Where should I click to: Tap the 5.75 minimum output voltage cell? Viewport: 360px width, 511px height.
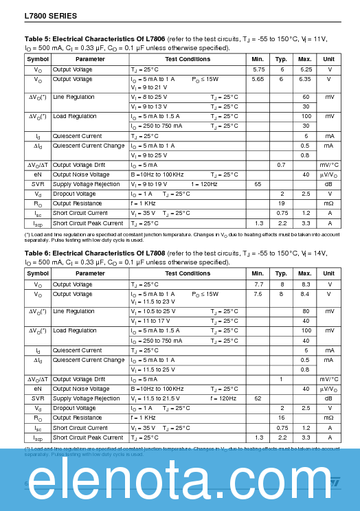[x=258, y=69]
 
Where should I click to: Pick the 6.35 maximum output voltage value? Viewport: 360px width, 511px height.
[x=305, y=79]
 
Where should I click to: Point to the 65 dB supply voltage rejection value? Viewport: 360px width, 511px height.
[x=258, y=184]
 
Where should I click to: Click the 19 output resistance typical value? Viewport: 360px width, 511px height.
[x=282, y=203]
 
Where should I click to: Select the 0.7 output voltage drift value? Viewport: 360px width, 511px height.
[x=282, y=165]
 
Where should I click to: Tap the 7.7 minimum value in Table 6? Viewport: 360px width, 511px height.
[x=258, y=284]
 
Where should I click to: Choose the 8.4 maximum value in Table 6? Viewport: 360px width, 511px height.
[x=305, y=293]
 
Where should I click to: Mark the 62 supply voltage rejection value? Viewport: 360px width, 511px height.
[x=258, y=398]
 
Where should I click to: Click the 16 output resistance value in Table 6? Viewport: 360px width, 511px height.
[x=282, y=418]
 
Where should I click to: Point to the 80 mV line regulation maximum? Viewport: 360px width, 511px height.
[x=305, y=311]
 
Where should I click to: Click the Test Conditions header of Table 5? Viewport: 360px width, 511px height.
[x=188, y=59]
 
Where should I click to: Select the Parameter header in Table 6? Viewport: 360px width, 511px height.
[x=90, y=273]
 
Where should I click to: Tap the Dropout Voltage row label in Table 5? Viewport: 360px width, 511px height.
[x=74, y=194]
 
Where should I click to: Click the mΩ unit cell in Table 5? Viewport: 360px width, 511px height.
[x=329, y=203]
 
